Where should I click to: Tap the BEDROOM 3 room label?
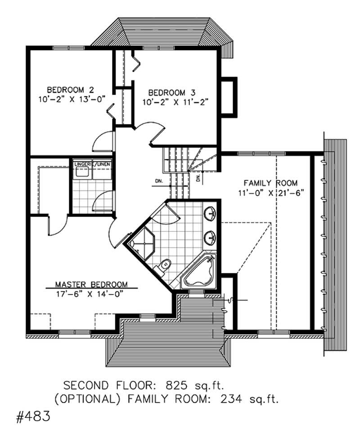coord(176,93)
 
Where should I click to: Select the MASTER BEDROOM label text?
coord(91,285)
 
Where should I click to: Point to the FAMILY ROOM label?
coord(270,183)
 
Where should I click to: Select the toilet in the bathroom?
coord(164,266)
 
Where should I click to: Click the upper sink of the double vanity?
coord(209,213)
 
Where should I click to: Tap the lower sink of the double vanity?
coord(209,236)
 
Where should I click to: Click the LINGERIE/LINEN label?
coord(92,164)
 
